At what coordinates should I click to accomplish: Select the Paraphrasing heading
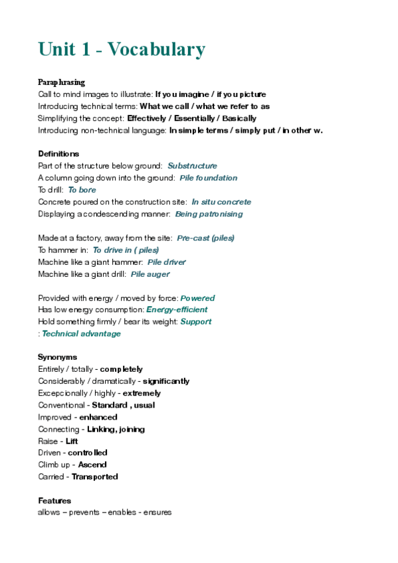point(61,82)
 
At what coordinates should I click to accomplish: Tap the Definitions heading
point(58,153)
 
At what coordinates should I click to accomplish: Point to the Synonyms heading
point(57,357)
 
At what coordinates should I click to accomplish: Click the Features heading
point(54,501)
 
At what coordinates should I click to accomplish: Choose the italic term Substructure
point(192,166)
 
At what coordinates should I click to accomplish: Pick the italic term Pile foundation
point(208,178)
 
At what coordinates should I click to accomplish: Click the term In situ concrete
point(221,202)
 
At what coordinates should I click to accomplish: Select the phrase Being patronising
point(209,214)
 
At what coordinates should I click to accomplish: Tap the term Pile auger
point(150,274)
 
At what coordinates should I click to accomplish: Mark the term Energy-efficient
point(177,309)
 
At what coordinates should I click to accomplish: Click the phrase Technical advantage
point(81,333)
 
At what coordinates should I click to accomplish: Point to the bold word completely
point(121,369)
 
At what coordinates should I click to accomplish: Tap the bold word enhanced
point(98,417)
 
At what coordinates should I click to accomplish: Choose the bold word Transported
point(95,477)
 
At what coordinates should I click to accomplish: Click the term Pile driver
point(167,262)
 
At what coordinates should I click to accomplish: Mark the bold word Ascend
point(92,465)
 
